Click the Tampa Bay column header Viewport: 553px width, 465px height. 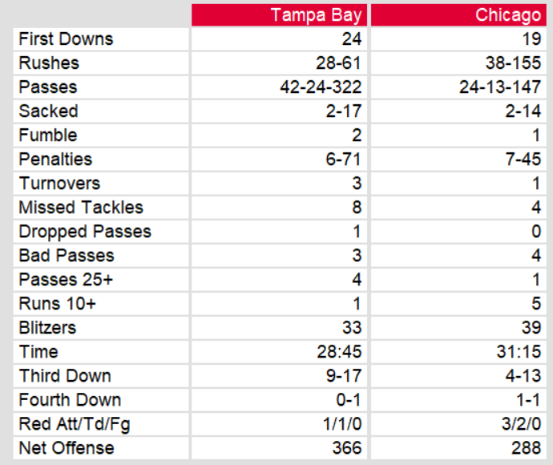tap(316, 15)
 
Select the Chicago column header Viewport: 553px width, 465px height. tap(507, 15)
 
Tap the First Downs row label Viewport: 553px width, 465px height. tap(66, 39)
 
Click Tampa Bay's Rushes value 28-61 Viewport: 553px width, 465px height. tap(339, 63)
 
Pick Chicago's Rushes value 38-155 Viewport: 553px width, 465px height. tap(513, 63)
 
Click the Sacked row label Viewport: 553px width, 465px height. tap(48, 111)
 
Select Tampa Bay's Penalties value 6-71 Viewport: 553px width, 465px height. tap(344, 160)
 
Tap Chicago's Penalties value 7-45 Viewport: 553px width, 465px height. tap(523, 160)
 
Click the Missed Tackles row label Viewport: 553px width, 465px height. tap(81, 208)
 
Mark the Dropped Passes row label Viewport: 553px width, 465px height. tap(85, 232)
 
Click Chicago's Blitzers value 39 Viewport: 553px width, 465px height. tap(531, 328)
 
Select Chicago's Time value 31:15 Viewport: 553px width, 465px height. tap(519, 352)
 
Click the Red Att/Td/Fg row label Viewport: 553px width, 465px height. tap(74, 424)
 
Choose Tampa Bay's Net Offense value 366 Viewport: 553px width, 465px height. tap(347, 448)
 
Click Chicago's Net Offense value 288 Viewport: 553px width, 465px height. tap(527, 448)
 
